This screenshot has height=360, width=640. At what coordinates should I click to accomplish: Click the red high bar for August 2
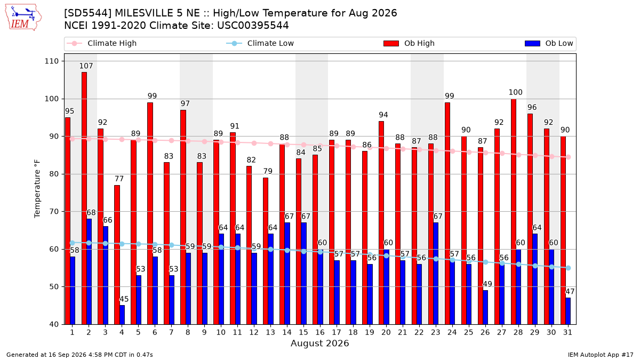point(84,198)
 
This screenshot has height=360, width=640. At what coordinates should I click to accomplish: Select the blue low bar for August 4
point(122,315)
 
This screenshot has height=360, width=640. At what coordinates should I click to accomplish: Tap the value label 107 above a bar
point(86,66)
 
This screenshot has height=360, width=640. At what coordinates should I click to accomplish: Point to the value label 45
point(124,299)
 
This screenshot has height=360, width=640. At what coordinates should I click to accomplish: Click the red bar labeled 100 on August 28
point(514,212)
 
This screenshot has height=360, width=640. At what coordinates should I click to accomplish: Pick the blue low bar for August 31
point(568,311)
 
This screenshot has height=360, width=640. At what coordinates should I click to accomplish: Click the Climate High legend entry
point(102,43)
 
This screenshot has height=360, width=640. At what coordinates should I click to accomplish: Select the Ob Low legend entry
point(549,43)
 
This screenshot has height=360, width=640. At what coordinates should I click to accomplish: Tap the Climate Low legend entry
point(260,43)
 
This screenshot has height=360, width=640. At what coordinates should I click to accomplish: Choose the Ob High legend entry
point(409,43)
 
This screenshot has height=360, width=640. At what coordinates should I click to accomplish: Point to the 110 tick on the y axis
point(51,61)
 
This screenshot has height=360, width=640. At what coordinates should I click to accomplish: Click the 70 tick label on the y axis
point(54,212)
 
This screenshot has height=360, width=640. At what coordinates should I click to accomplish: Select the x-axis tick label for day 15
point(303,333)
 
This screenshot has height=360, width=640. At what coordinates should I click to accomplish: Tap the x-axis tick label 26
point(485,333)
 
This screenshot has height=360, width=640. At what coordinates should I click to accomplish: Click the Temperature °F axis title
point(37,189)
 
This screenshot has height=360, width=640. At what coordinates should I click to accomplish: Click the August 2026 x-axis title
point(319,343)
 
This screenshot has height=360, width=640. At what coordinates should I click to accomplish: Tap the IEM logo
point(23,18)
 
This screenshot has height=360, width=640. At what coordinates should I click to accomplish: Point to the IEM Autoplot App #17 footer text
point(601,355)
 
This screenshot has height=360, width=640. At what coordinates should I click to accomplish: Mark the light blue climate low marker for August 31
point(569,268)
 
